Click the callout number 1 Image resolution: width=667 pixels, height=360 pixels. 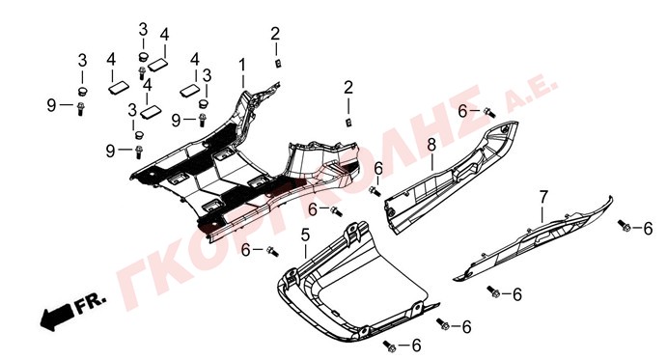click(x=242, y=66)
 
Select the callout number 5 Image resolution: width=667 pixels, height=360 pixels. click(x=305, y=235)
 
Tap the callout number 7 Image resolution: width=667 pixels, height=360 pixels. click(x=543, y=197)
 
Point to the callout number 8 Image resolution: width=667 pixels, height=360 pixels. click(x=431, y=145)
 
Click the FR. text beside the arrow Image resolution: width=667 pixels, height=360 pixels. click(x=90, y=302)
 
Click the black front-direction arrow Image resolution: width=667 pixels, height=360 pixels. click(x=57, y=317)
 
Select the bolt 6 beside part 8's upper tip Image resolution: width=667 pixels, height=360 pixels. click(x=489, y=113)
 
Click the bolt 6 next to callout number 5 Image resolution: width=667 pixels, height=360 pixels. click(x=272, y=251)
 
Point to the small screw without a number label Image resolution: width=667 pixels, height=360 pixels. click(x=142, y=72)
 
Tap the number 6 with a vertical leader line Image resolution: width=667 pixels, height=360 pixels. click(x=378, y=169)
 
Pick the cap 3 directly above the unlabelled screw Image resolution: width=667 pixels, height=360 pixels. click(x=143, y=57)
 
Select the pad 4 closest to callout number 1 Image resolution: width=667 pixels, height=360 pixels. click(x=189, y=91)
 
